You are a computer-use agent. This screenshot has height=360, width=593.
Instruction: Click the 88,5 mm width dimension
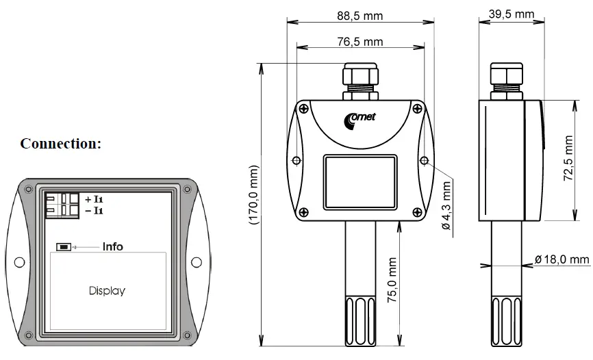coord(359,16)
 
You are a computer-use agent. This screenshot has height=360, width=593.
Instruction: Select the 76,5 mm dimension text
coord(359,42)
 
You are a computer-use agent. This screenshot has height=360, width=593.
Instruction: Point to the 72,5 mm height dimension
coord(568,158)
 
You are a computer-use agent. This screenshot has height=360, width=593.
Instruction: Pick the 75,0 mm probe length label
coord(392,281)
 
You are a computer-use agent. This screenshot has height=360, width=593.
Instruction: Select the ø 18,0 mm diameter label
coord(562,259)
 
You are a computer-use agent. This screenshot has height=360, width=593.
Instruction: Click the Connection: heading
coord(60,144)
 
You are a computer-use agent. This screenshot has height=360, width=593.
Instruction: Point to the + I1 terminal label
coord(94,198)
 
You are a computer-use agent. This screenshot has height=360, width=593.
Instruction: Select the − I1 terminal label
coord(94,210)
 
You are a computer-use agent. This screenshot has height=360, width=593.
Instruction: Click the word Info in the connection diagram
coord(112,246)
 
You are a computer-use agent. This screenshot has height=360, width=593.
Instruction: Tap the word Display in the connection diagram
coord(107,291)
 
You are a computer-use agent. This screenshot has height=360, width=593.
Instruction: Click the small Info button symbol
coord(64,246)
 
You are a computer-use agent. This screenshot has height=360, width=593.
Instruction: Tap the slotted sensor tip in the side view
coord(507,320)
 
